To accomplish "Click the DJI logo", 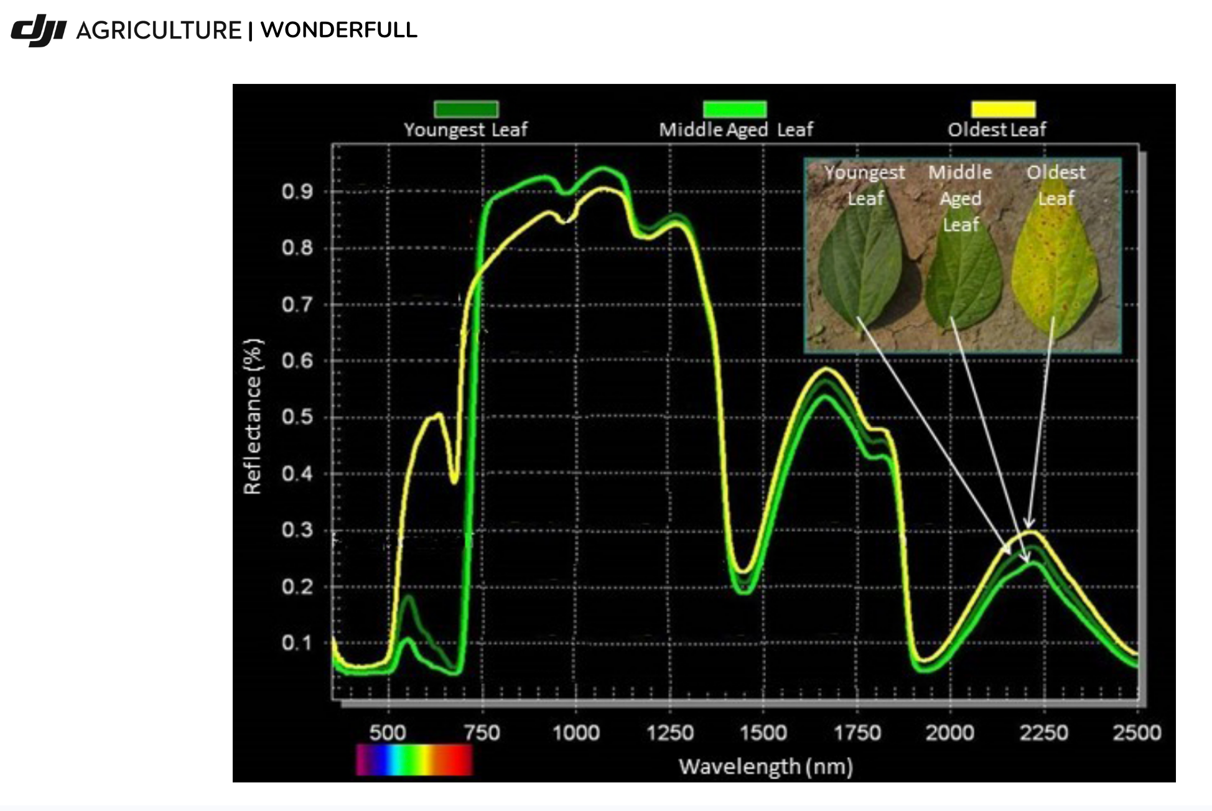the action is (x=39, y=30).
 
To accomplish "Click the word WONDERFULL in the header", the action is (x=338, y=30).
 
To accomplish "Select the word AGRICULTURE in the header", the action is (x=159, y=30).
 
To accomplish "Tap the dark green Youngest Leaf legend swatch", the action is (x=466, y=109).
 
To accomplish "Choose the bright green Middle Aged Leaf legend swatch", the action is (x=735, y=109).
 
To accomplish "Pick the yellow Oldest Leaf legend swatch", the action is (x=1004, y=109).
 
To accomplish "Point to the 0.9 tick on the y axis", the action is (x=297, y=192).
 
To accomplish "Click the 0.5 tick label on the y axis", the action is (x=297, y=417).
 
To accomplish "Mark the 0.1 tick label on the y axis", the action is (x=297, y=642).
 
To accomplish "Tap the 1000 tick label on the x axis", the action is (x=576, y=733).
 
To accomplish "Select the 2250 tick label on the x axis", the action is (x=1043, y=733).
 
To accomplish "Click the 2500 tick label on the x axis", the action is (x=1137, y=733).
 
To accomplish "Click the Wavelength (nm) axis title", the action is (x=765, y=767).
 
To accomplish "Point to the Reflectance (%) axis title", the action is (x=253, y=417).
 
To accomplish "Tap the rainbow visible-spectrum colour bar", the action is (x=414, y=760).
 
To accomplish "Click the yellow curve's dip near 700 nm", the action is (x=454, y=479).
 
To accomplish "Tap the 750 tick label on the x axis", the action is (x=482, y=733).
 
